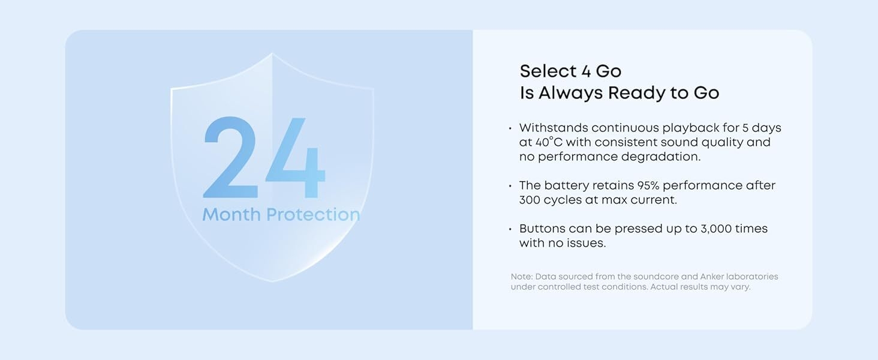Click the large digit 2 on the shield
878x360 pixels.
pyautogui.click(x=230, y=158)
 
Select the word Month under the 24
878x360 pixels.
pyautogui.click(x=231, y=214)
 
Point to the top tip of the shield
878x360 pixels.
pyautogui.click(x=272, y=54)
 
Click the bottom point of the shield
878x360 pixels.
pyautogui.click(x=273, y=281)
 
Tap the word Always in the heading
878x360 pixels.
pyautogui.click(x=571, y=93)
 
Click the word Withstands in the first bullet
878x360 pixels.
pyautogui.click(x=553, y=128)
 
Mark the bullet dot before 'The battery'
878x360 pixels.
pyautogui.click(x=510, y=186)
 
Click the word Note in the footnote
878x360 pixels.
pyautogui.click(x=521, y=277)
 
